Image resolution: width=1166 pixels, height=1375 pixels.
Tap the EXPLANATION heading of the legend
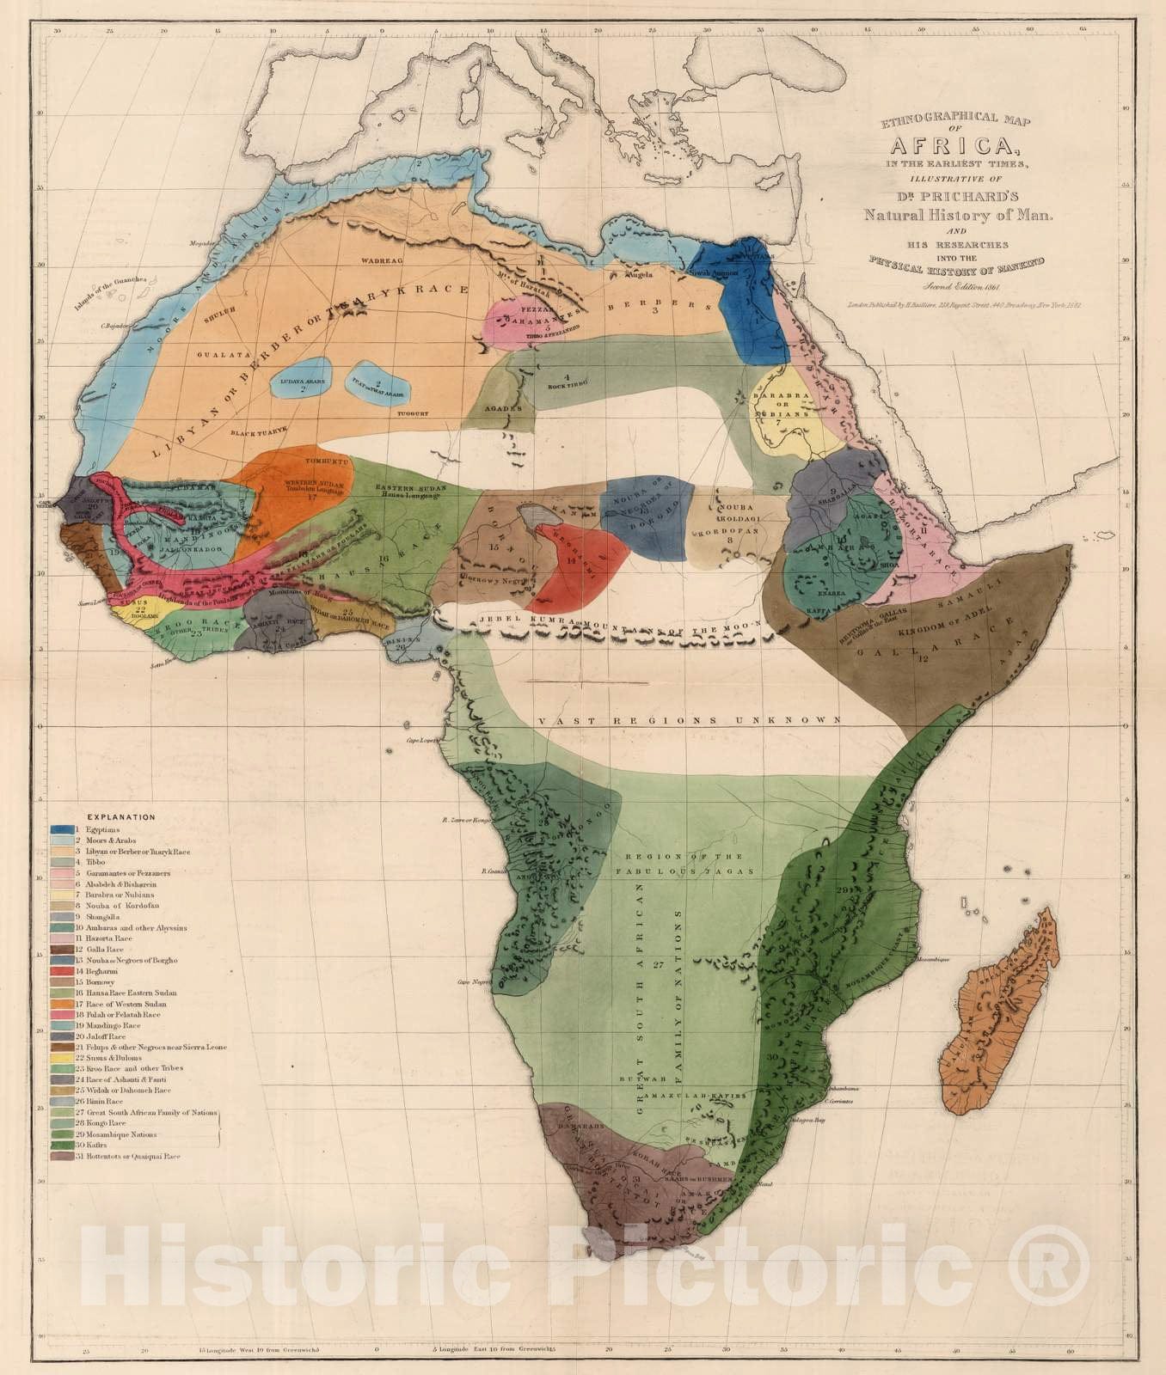(x=121, y=817)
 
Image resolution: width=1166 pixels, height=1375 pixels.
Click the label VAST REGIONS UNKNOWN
(x=687, y=720)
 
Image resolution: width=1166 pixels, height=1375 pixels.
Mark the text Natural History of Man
(x=958, y=216)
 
